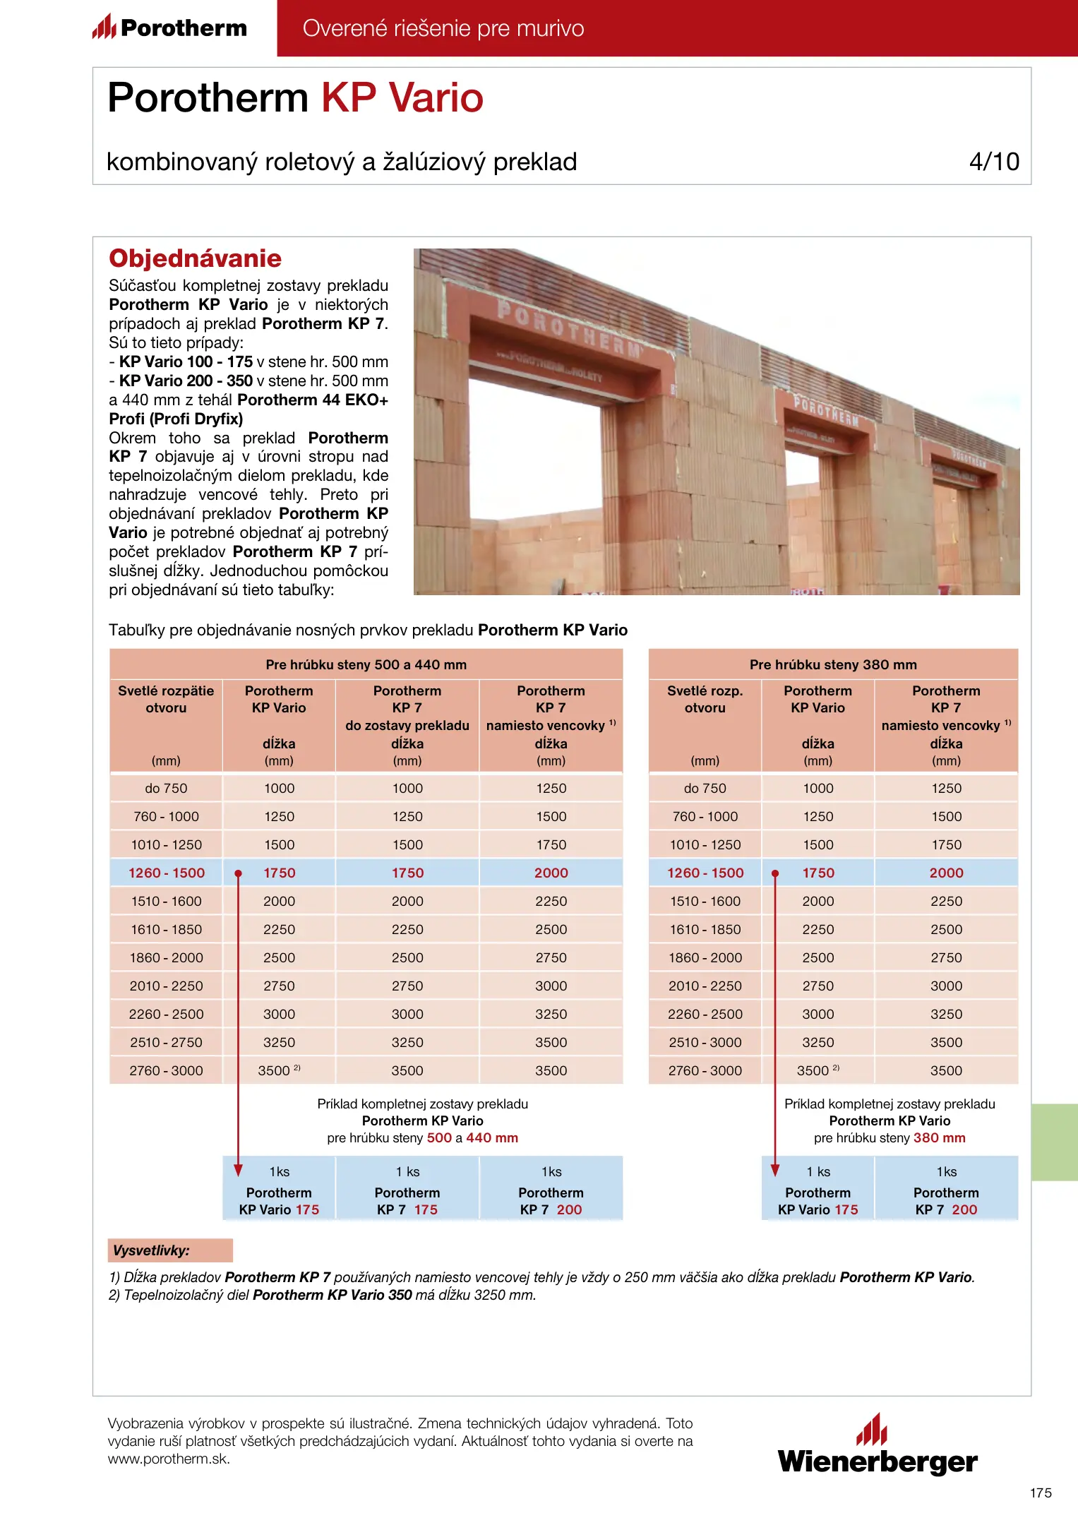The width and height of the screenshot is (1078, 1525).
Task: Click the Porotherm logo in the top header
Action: (x=169, y=28)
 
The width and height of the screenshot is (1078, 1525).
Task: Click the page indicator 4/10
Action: (x=993, y=162)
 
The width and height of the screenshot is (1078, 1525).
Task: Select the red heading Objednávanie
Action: (x=195, y=258)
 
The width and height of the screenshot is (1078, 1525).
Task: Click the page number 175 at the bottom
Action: (x=1040, y=1493)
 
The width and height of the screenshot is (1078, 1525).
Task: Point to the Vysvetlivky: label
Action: (x=152, y=1250)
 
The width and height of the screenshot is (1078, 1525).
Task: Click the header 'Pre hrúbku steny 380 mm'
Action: (x=833, y=664)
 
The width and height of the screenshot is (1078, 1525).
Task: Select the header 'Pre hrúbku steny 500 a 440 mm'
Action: (x=366, y=664)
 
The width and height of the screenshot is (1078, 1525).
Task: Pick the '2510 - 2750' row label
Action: (x=166, y=1042)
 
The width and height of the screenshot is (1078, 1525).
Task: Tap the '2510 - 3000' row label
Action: (x=705, y=1042)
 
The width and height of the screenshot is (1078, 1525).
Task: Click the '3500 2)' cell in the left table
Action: (x=279, y=1070)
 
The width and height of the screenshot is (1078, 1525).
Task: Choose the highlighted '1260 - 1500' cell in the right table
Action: (x=705, y=873)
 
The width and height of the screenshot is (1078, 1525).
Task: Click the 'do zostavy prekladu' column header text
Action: (x=407, y=725)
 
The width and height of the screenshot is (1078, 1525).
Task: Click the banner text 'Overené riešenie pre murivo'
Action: (x=443, y=28)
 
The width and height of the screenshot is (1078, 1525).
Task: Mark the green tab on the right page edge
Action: (x=1054, y=1142)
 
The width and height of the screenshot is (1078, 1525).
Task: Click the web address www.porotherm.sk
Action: (x=169, y=1459)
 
